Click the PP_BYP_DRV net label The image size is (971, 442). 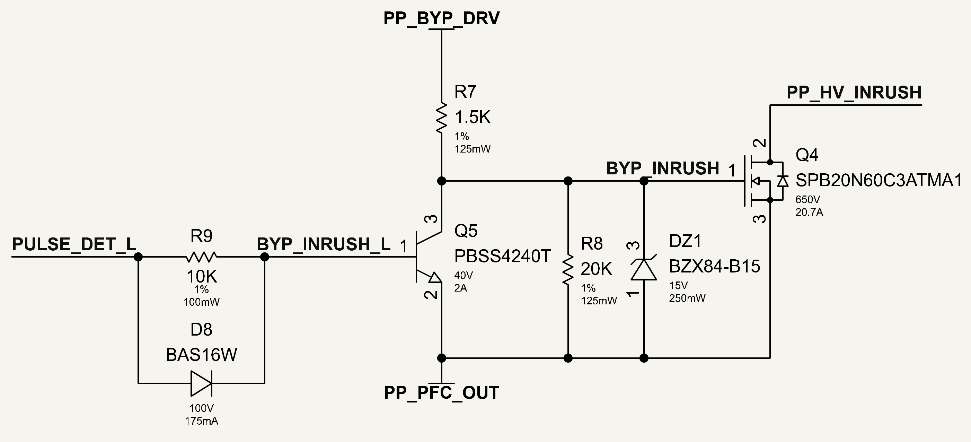(441, 18)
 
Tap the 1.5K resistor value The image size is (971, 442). (473, 117)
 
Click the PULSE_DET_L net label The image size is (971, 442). (74, 244)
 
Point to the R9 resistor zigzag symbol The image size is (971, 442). (201, 257)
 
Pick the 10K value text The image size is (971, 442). (202, 277)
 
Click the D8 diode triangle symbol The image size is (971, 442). (201, 383)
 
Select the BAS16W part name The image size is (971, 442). (201, 355)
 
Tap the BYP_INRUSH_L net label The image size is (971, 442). (324, 244)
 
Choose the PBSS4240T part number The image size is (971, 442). (502, 257)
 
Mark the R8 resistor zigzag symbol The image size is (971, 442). (568, 269)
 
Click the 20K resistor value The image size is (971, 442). (596, 269)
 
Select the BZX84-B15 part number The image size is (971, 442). (714, 267)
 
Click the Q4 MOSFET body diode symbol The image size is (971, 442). (783, 181)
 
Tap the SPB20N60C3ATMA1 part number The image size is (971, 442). (879, 181)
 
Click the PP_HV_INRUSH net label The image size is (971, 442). (854, 93)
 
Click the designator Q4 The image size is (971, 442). (807, 155)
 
